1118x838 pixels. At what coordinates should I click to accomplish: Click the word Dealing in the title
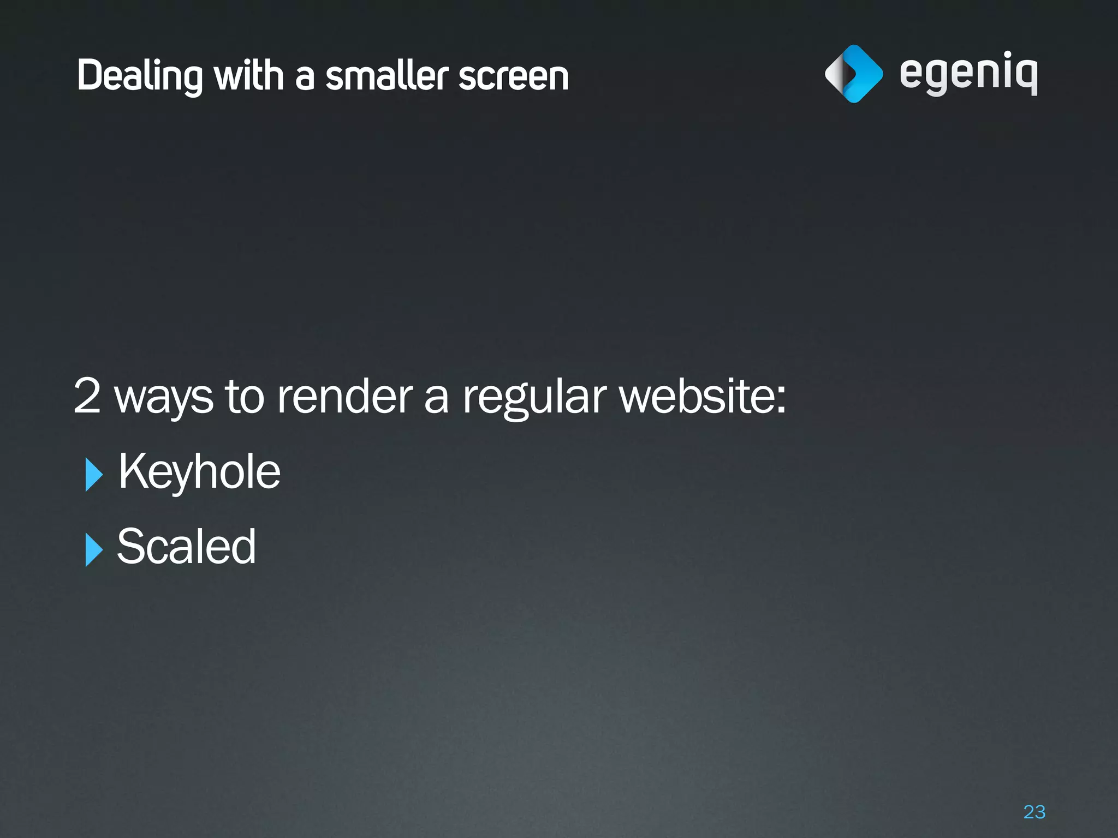pyautogui.click(x=139, y=75)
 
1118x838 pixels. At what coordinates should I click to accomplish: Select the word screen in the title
pyautogui.click(x=514, y=75)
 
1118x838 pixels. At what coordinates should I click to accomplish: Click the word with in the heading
pyautogui.click(x=249, y=75)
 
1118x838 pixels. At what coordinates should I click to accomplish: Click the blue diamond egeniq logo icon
pyautogui.click(x=854, y=74)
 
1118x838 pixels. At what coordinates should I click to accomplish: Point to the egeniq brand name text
pyautogui.click(x=968, y=74)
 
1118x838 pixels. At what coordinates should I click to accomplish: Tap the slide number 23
pyautogui.click(x=1034, y=812)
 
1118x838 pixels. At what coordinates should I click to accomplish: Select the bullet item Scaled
pyautogui.click(x=186, y=546)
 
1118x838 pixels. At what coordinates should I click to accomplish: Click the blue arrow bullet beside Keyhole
pyautogui.click(x=93, y=474)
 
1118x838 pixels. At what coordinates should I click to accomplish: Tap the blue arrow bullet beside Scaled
pyautogui.click(x=93, y=549)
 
